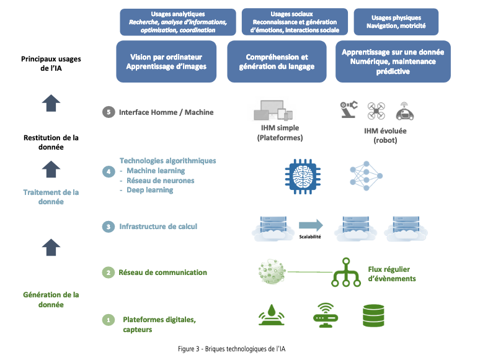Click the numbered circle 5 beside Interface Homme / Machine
109,112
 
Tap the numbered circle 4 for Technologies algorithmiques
109,171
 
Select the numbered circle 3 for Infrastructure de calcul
109,227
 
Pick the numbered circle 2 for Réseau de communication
109,272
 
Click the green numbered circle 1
109,320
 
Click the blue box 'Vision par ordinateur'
166,61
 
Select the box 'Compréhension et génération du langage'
277,61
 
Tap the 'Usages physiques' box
396,22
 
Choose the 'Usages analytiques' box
177,22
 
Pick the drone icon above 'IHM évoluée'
376,110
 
